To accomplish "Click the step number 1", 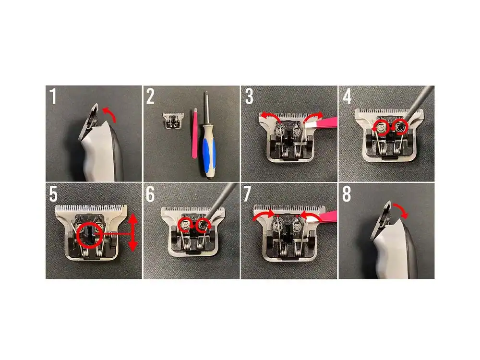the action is tap(53, 96).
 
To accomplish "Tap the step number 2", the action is tap(150, 96).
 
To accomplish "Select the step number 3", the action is tap(249, 96).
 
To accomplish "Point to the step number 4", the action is tap(347, 96).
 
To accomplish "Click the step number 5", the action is tap(53, 194).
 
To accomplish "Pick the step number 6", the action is tap(150, 194).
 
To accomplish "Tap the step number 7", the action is tap(248, 194).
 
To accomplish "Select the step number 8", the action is tap(347, 194).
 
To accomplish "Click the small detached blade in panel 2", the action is tap(174, 120).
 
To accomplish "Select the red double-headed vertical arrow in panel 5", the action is tap(132, 232).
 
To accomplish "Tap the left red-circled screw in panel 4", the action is tap(381, 129).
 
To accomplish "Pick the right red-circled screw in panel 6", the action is tap(203, 226).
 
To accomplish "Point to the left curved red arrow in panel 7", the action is tap(263, 215).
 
